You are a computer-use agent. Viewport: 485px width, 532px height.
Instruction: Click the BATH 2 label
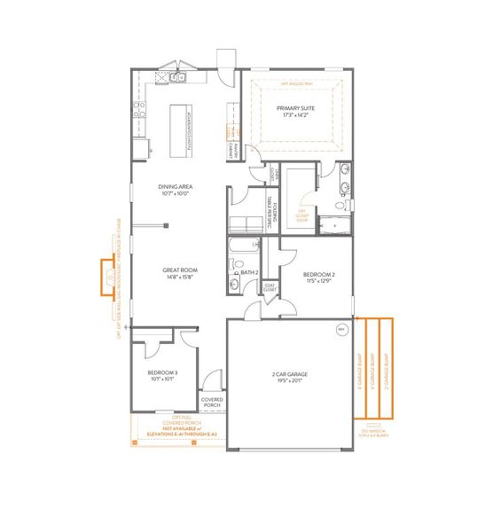point(249,272)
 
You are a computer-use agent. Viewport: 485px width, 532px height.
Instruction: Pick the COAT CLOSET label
point(270,287)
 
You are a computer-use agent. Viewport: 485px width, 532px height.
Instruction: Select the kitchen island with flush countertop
point(180,126)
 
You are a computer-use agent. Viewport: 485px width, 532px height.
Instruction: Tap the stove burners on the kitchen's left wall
point(139,110)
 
